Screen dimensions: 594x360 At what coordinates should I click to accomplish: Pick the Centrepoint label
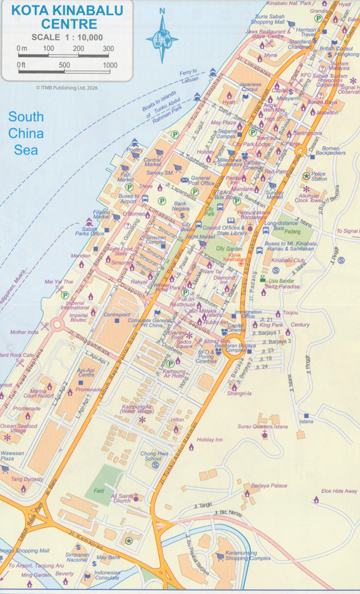[x=117, y=314]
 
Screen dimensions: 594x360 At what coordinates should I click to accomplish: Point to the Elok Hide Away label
[x=340, y=491]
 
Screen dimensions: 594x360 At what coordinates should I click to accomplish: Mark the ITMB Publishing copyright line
[x=67, y=88]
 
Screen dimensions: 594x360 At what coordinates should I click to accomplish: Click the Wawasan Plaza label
[x=11, y=456]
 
